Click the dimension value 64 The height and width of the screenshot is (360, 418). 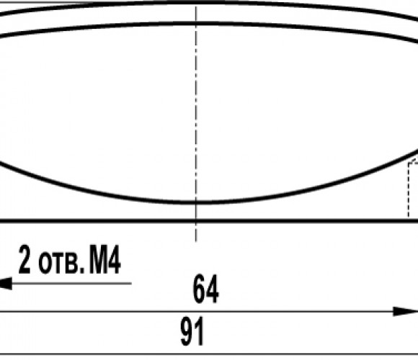tap(205, 289)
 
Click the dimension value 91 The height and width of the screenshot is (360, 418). tap(192, 331)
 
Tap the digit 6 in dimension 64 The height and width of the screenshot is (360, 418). tap(199, 289)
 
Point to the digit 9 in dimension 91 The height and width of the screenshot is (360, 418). tap(187, 331)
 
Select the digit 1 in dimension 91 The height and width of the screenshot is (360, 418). tap(200, 331)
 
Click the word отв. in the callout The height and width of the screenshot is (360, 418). tap(61, 264)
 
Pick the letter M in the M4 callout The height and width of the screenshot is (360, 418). tap(97, 260)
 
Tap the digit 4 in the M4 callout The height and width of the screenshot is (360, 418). tap(114, 260)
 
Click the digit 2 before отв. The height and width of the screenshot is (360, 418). tap(25, 260)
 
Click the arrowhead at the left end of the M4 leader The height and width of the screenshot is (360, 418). tap(5, 283)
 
